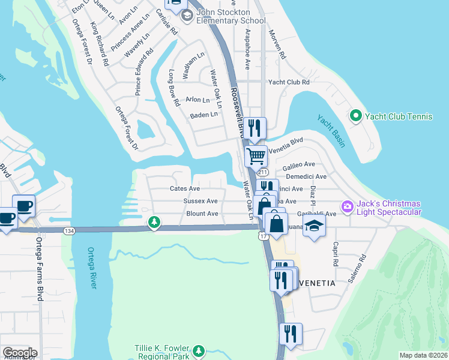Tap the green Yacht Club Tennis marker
click(x=355, y=116)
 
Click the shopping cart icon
click(x=256, y=156)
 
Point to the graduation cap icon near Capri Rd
click(x=313, y=227)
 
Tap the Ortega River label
click(x=92, y=268)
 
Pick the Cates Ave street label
click(x=184, y=188)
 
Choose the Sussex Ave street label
click(x=200, y=201)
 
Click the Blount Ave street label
click(x=202, y=214)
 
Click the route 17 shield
click(x=264, y=236)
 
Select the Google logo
click(x=19, y=353)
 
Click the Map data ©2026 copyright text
click(x=423, y=355)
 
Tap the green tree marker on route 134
click(x=154, y=223)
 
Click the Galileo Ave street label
click(x=299, y=164)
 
